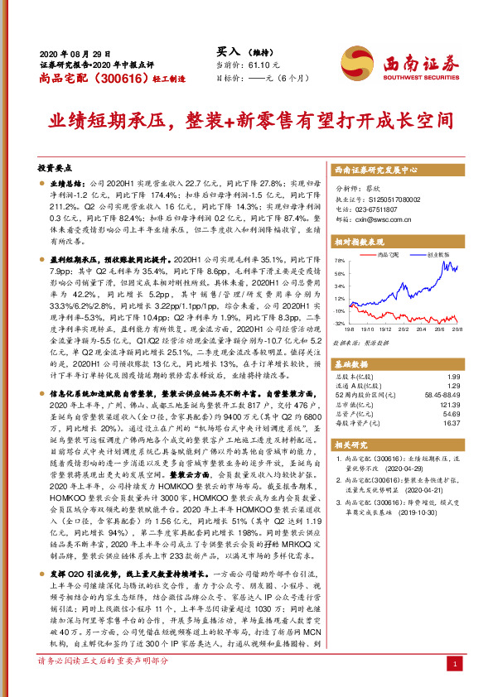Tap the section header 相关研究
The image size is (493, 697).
tap(353, 445)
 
